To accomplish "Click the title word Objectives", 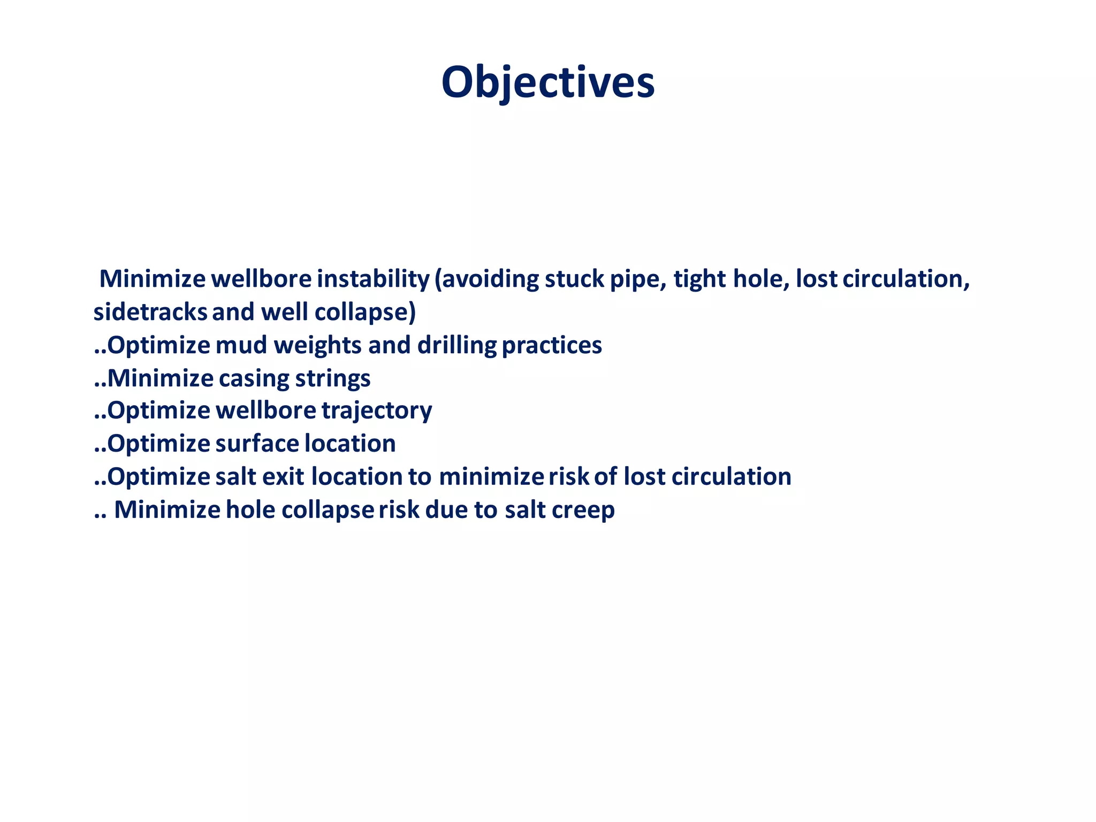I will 547,83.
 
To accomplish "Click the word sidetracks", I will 150,313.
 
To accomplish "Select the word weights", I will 318,346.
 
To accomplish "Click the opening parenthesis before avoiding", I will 438,279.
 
